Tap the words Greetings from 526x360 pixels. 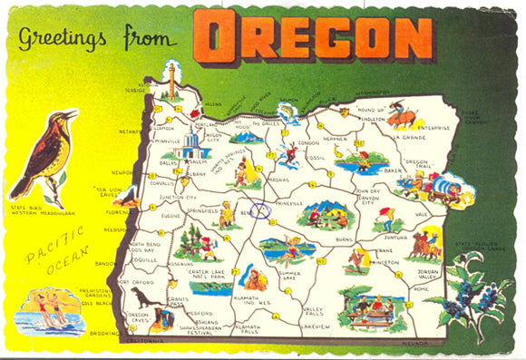click(103, 39)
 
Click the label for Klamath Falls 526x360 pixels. click(248, 328)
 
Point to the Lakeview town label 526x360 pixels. click(315, 325)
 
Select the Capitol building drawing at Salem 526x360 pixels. click(192, 145)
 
